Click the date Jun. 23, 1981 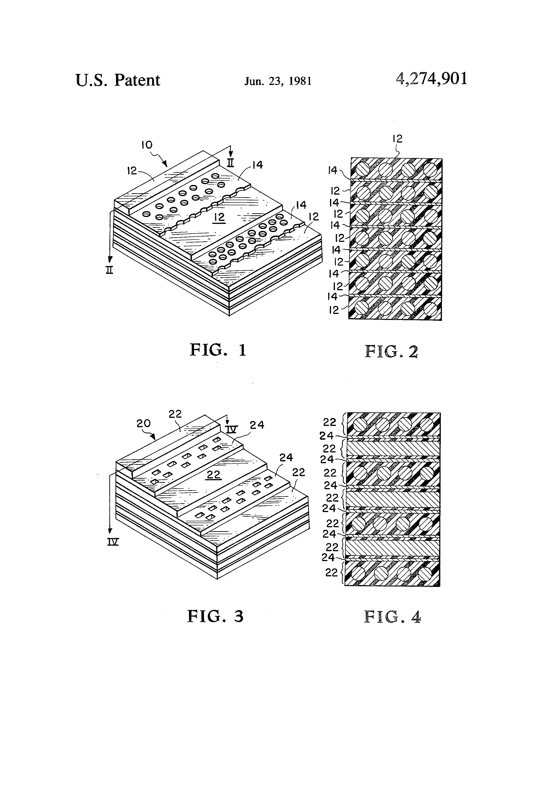278,81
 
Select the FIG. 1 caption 218,350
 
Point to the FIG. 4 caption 392,617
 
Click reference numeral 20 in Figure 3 143,423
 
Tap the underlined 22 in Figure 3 214,475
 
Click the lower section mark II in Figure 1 109,270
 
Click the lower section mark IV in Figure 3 113,542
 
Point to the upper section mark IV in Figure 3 232,429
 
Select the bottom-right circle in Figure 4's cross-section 426,573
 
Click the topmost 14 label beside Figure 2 333,170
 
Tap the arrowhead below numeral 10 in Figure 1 166,165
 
